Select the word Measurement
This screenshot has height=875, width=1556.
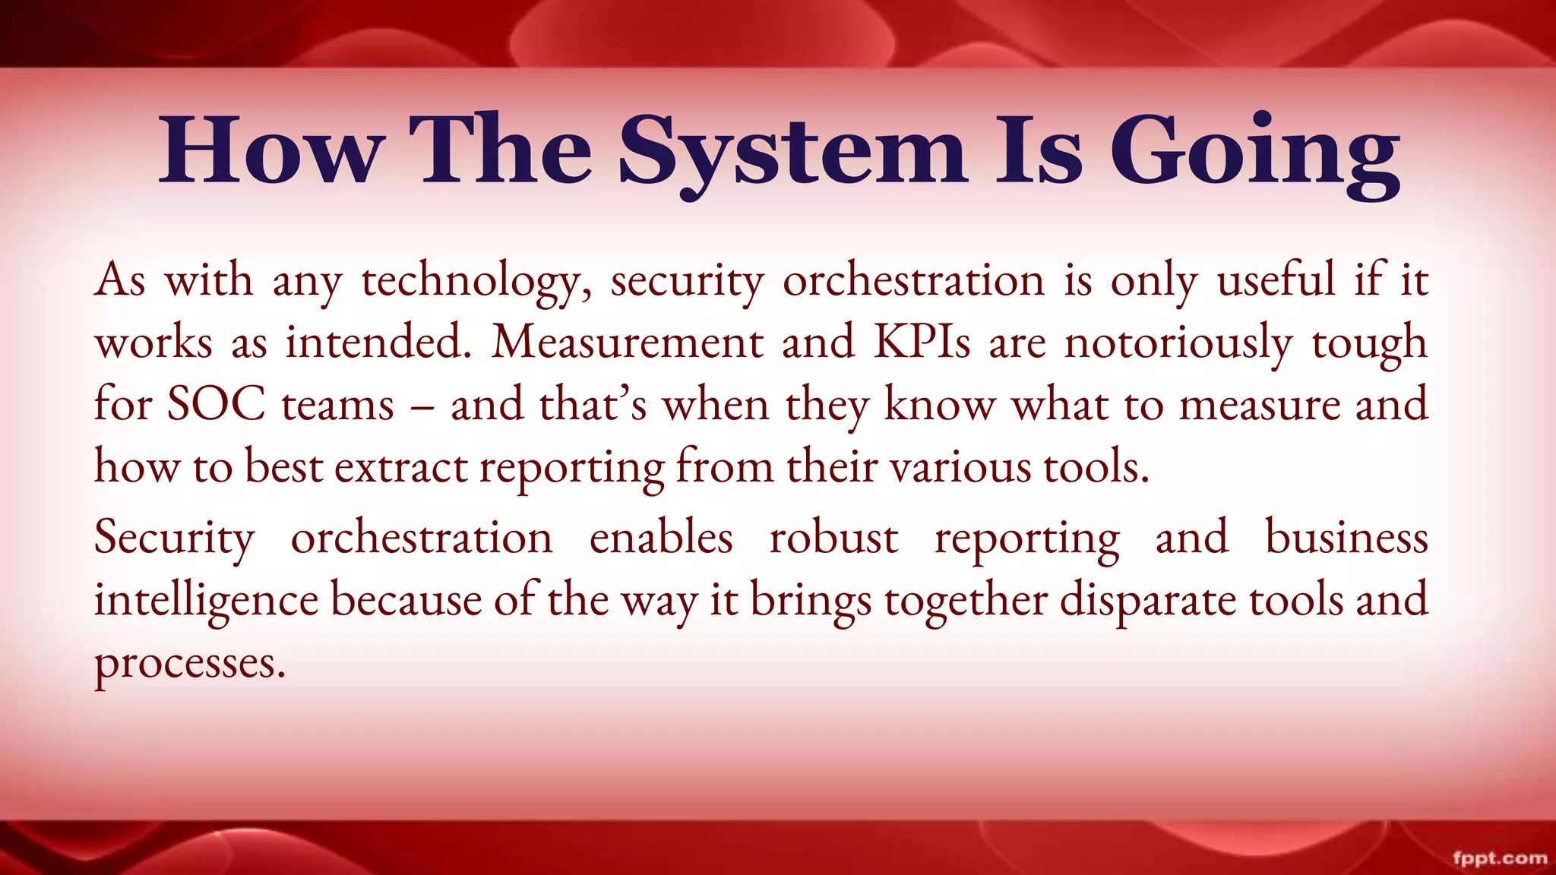[x=628, y=342]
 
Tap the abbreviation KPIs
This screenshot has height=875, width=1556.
[x=922, y=342]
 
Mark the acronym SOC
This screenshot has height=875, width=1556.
[x=216, y=404]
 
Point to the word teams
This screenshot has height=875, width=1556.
[x=338, y=404]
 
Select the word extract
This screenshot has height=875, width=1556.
[x=401, y=466]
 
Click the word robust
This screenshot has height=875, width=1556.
[x=833, y=538]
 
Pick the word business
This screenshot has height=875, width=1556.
[x=1346, y=538]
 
